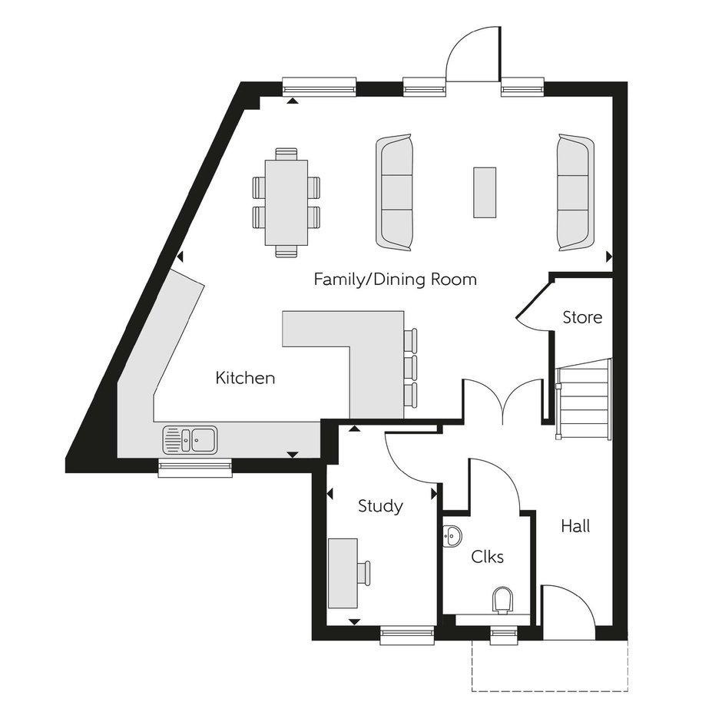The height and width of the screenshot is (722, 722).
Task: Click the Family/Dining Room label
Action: click(395, 280)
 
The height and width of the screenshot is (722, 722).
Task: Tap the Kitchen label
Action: click(246, 378)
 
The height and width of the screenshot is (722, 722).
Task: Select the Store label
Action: click(582, 317)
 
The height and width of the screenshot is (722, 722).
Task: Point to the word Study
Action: click(380, 506)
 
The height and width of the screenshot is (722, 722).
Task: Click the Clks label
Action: click(487, 557)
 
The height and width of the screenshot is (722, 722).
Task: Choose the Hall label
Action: click(575, 526)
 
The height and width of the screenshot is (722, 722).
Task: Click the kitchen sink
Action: click(190, 439)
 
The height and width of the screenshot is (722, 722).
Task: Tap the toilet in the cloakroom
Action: click(503, 601)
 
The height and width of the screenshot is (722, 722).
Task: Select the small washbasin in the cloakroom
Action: click(452, 536)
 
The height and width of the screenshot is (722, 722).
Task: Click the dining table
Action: click(286, 203)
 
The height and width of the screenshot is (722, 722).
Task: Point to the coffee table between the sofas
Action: click(485, 193)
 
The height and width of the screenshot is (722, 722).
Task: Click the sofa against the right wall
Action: click(575, 193)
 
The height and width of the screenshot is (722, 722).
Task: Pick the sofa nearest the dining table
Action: click(394, 193)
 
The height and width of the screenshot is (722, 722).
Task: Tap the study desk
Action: click(343, 573)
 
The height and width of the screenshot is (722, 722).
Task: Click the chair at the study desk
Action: click(364, 573)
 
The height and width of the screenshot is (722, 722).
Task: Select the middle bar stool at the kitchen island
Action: click(410, 367)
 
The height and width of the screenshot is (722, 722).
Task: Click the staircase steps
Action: click(584, 399)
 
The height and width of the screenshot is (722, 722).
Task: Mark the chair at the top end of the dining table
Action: click(286, 154)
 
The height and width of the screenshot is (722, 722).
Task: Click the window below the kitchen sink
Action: click(195, 467)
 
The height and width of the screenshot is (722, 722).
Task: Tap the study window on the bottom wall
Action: click(408, 635)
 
